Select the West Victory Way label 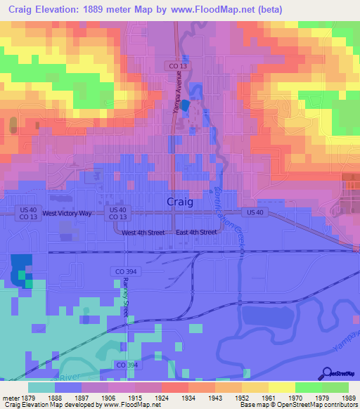pos(67,213)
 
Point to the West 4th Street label pos(143,233)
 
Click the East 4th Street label pos(196,233)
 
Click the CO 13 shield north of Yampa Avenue pos(177,65)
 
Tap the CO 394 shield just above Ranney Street pos(121,271)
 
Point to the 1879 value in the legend pos(29,398)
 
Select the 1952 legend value pos(242,398)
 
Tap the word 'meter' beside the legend pos(10,398)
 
